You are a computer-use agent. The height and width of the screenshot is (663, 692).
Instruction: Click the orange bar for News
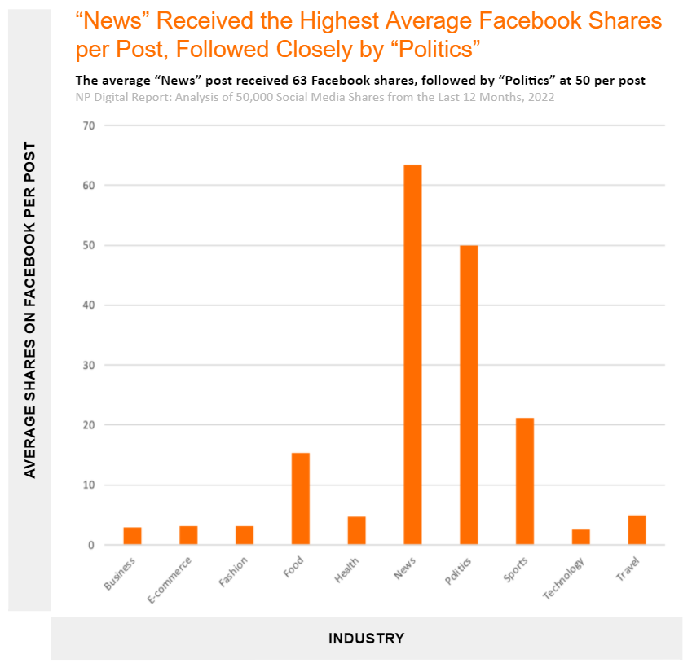click(412, 354)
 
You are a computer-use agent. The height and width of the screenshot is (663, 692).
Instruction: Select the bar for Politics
click(469, 394)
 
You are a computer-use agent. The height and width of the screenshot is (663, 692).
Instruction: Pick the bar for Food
click(300, 498)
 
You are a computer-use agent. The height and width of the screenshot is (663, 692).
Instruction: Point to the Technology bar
click(581, 537)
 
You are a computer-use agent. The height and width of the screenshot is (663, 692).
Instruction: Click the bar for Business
click(132, 536)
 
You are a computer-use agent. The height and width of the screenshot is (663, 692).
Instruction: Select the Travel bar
click(637, 529)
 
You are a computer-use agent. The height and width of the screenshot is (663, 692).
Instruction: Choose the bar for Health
click(356, 530)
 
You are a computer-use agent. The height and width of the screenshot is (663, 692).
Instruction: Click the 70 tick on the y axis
click(88, 125)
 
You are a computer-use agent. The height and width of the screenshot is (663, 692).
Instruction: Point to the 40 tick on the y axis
click(88, 305)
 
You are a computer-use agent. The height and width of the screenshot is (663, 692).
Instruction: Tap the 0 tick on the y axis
click(91, 545)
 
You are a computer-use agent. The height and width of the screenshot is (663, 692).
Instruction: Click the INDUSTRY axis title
click(366, 638)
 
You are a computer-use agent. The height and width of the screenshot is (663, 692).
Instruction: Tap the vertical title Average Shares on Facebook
click(30, 310)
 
